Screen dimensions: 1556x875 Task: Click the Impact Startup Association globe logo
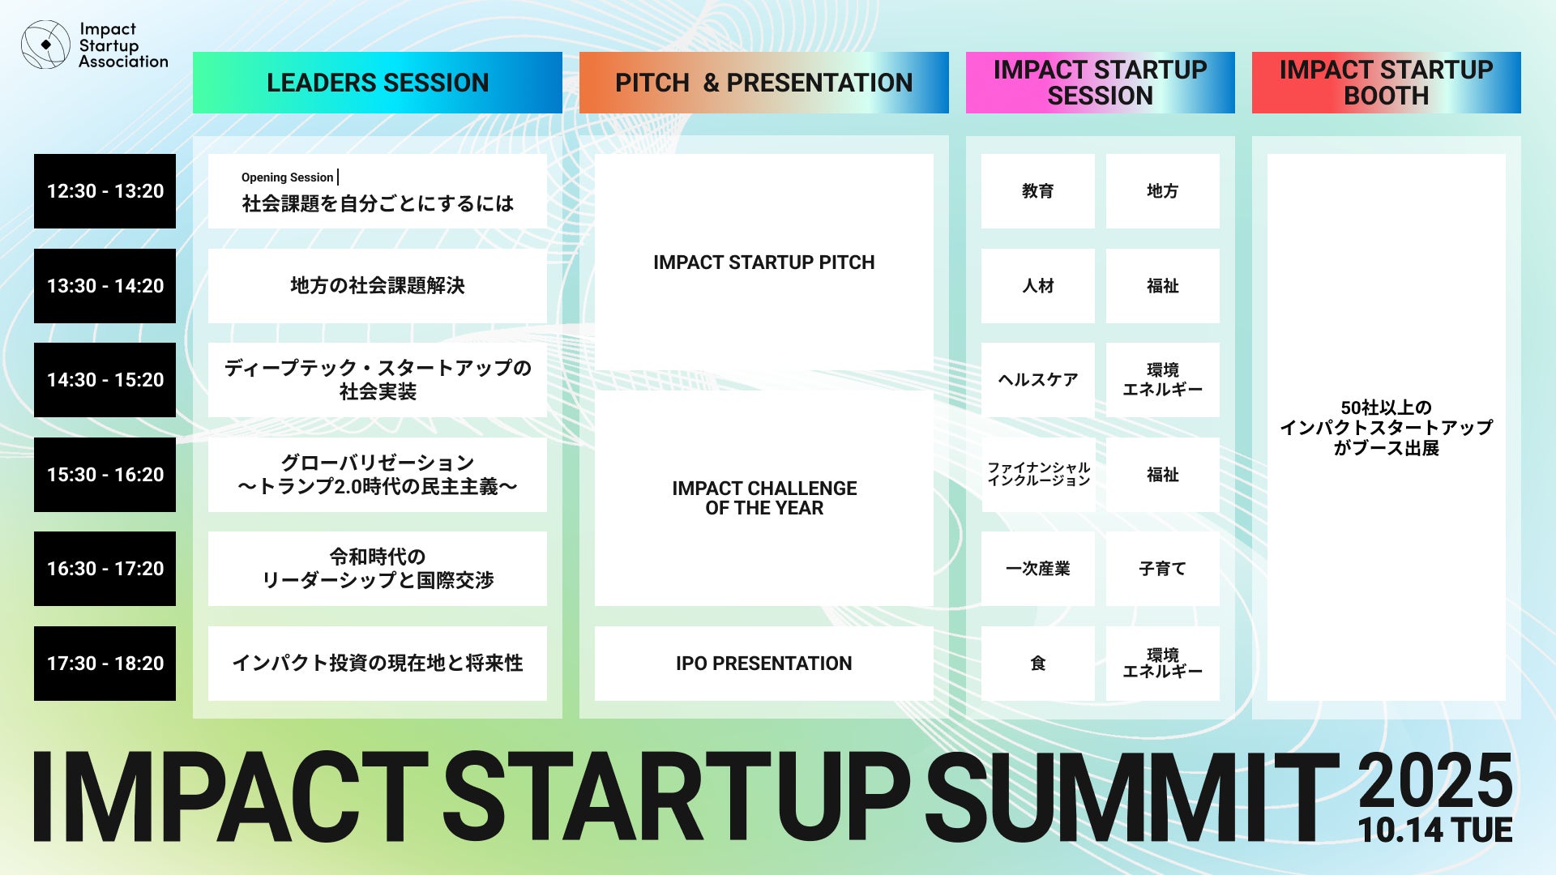tap(45, 45)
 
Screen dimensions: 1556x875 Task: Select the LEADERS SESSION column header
tap(378, 83)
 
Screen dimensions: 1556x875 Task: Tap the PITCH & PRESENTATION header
tap(764, 83)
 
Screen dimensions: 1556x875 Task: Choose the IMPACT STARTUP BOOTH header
tap(1387, 83)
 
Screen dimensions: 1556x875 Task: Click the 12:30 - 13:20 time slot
tap(105, 191)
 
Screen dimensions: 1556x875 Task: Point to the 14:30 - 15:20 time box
tap(105, 380)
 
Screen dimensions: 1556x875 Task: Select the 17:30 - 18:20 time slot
tap(105, 664)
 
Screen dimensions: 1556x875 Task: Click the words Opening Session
tap(288, 177)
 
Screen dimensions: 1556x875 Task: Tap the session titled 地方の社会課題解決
tap(378, 286)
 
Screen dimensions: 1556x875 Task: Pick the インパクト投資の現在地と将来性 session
tap(378, 664)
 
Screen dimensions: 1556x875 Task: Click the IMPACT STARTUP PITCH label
tap(764, 262)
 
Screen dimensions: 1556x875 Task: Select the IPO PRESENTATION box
tap(764, 664)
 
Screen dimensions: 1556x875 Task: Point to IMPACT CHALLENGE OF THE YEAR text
tap(764, 498)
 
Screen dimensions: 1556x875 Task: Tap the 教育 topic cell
tap(1038, 191)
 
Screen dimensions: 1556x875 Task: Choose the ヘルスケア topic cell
tap(1038, 380)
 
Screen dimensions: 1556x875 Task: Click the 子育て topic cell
tap(1163, 569)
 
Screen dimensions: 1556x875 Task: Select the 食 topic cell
tap(1038, 664)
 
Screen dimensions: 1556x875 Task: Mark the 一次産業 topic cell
tap(1038, 569)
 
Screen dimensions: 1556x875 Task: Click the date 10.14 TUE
tap(1435, 830)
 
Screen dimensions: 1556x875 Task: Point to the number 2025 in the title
tap(1435, 780)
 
